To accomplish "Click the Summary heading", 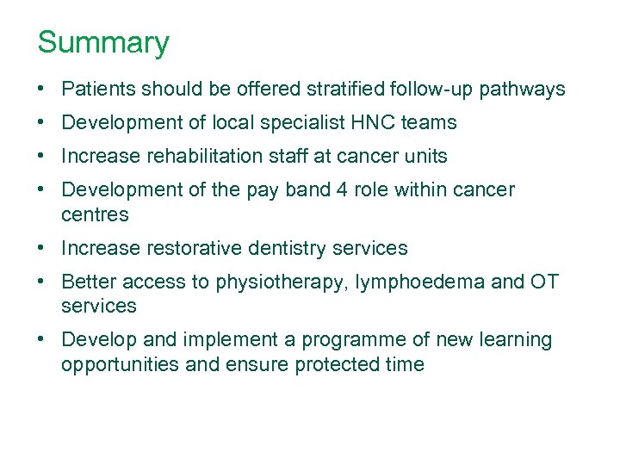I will [x=103, y=42].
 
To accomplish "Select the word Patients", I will [x=99, y=89].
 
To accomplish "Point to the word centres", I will [x=95, y=214].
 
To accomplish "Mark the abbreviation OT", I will [x=542, y=282].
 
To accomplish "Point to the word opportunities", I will [x=120, y=365].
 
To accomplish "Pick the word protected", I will [x=335, y=365].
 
